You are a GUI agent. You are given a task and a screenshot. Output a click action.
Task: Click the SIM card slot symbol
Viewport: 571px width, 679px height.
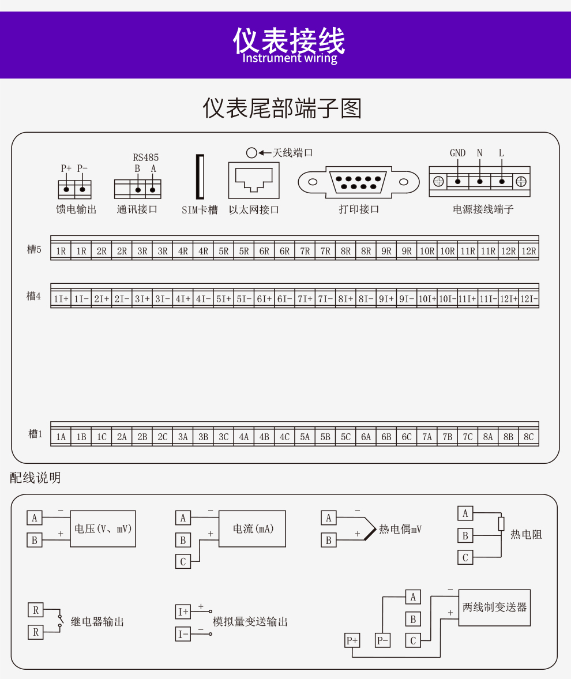[x=200, y=177]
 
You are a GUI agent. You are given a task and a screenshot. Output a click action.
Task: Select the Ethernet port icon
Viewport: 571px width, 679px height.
[x=254, y=180]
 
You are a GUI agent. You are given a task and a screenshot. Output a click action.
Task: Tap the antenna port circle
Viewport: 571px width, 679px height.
[x=251, y=153]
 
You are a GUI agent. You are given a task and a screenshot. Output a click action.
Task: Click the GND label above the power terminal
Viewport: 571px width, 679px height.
[x=457, y=153]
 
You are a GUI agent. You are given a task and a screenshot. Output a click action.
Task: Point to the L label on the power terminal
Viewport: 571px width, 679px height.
[x=501, y=153]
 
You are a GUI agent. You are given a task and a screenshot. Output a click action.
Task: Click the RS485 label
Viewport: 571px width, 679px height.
[x=145, y=157]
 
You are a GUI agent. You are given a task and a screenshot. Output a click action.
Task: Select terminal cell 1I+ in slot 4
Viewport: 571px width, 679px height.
[x=61, y=299]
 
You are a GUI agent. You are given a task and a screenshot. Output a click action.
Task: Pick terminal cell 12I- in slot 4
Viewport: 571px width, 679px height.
[x=528, y=299]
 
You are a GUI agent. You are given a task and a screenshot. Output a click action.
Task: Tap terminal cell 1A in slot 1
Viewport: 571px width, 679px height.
[x=61, y=437]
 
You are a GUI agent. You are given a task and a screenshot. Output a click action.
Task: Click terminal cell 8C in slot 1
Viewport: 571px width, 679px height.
[x=528, y=437]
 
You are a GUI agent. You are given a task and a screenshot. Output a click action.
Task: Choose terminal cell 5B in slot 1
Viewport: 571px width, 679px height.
[x=325, y=437]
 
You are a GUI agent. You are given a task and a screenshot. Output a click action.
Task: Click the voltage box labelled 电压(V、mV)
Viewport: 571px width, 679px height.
[x=103, y=529]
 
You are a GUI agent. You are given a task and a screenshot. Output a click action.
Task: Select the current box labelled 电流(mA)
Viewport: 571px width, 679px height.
[x=253, y=529]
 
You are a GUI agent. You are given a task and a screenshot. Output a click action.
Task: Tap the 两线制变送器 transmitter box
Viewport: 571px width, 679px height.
[x=494, y=607]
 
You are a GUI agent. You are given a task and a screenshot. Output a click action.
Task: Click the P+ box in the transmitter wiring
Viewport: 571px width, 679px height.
[x=352, y=640]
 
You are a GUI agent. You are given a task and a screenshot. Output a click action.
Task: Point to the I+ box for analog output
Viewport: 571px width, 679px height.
[x=183, y=612]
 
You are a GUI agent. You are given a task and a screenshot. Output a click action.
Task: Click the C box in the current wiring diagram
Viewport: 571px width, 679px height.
[x=183, y=561]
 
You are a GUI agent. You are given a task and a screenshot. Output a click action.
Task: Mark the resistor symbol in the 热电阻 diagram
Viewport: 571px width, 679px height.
[x=501, y=524]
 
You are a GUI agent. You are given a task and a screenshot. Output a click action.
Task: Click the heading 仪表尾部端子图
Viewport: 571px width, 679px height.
[x=282, y=108]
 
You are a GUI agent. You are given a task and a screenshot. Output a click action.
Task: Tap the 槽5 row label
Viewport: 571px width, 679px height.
[x=34, y=249]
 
